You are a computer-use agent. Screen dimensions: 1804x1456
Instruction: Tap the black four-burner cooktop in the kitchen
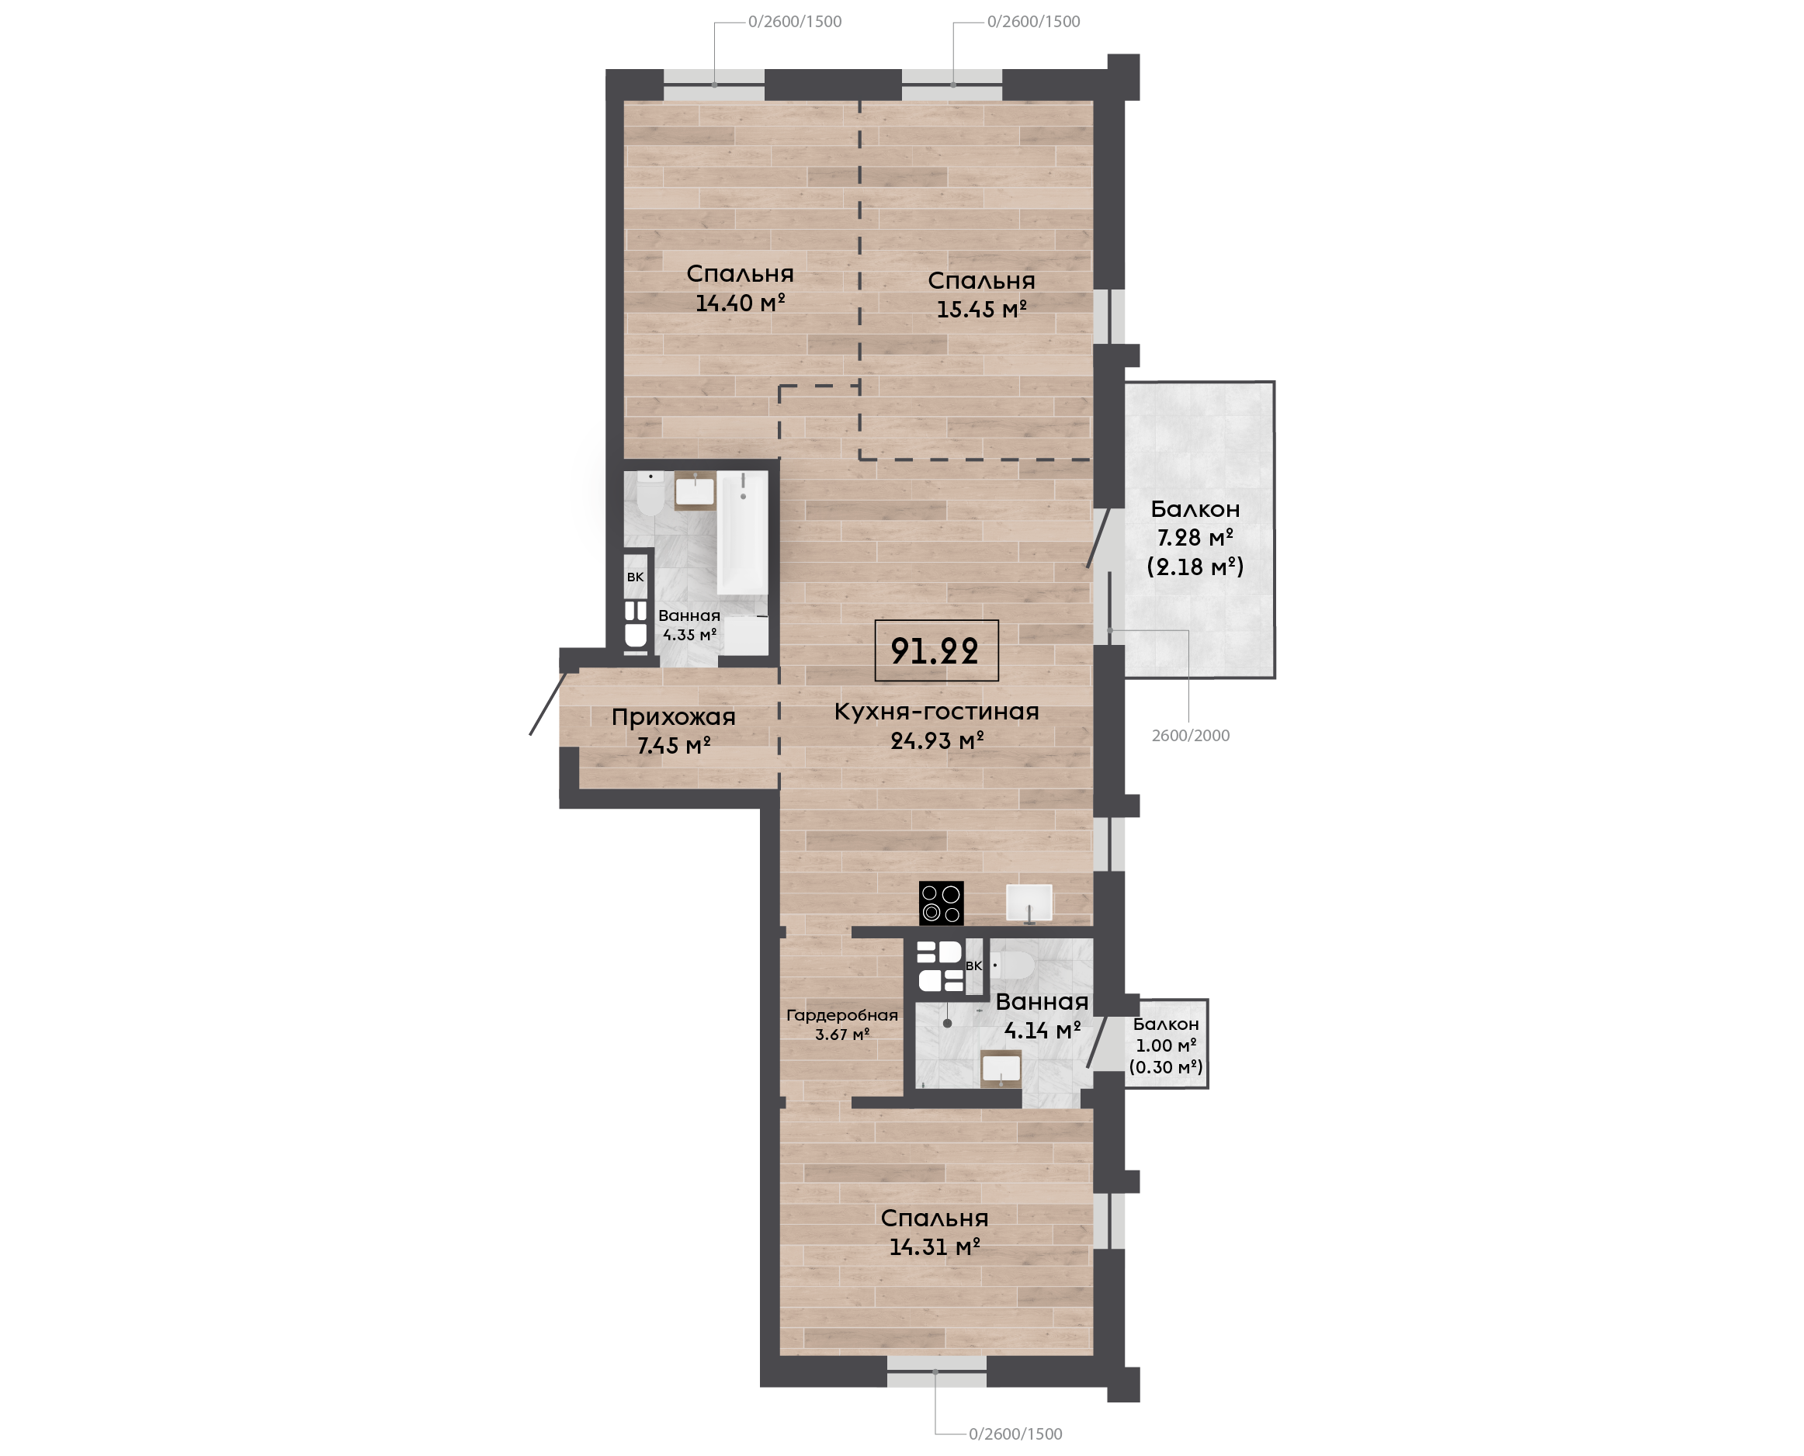coord(941,903)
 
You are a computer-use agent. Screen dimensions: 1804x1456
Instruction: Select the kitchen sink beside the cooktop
coord(1029,903)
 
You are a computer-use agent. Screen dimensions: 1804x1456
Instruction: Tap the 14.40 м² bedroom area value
coord(740,302)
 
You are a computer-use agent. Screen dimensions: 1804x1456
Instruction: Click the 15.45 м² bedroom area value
coord(981,309)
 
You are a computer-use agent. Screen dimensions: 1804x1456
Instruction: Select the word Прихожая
coord(674,717)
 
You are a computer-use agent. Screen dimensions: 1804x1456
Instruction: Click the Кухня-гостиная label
coord(937,711)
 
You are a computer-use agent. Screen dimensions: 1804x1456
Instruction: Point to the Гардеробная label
coord(842,1016)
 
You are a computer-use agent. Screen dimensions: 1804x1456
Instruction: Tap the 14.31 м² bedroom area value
coord(935,1247)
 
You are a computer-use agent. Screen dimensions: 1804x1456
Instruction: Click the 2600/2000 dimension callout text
coord(1190,736)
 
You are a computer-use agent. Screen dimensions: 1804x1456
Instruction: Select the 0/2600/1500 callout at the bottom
coord(1015,1434)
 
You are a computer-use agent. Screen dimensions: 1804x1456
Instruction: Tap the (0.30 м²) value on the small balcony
coord(1166,1067)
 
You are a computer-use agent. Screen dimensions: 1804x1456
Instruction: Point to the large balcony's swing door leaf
coord(1099,538)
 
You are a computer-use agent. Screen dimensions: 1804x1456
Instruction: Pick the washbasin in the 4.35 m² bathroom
coord(696,491)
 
